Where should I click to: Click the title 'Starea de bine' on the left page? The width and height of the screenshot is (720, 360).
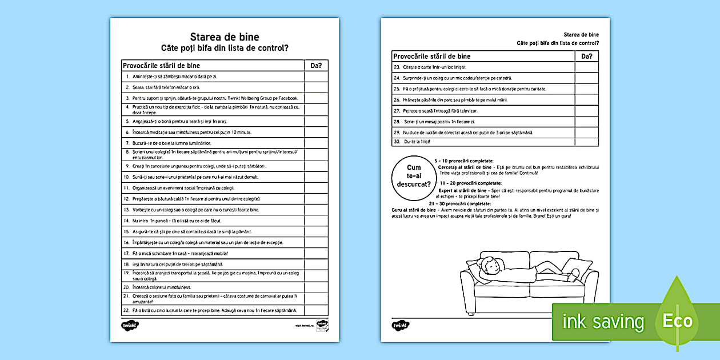pyautogui.click(x=225, y=37)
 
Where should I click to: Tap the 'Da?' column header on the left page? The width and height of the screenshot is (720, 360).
pyautogui.click(x=316, y=66)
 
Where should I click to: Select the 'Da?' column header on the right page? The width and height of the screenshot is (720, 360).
pyautogui.click(x=586, y=56)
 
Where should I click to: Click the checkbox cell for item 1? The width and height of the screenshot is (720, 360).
pyautogui.click(x=316, y=76)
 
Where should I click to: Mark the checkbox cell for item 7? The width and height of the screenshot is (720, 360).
pyautogui.click(x=316, y=143)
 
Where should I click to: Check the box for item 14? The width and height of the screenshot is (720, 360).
pyautogui.click(x=316, y=221)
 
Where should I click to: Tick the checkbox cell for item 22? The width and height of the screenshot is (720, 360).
pyautogui.click(x=316, y=310)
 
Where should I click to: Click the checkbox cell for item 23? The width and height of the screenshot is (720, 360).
pyautogui.click(x=586, y=67)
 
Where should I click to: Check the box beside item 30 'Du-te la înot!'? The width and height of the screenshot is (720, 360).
pyautogui.click(x=586, y=142)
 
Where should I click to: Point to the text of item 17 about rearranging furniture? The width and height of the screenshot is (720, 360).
pyautogui.click(x=180, y=254)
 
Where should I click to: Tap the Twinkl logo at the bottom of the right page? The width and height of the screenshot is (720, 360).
pyautogui.click(x=399, y=325)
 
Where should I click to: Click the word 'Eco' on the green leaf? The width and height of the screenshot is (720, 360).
pyautogui.click(x=677, y=321)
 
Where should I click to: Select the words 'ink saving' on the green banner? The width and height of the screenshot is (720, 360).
pyautogui.click(x=602, y=322)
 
